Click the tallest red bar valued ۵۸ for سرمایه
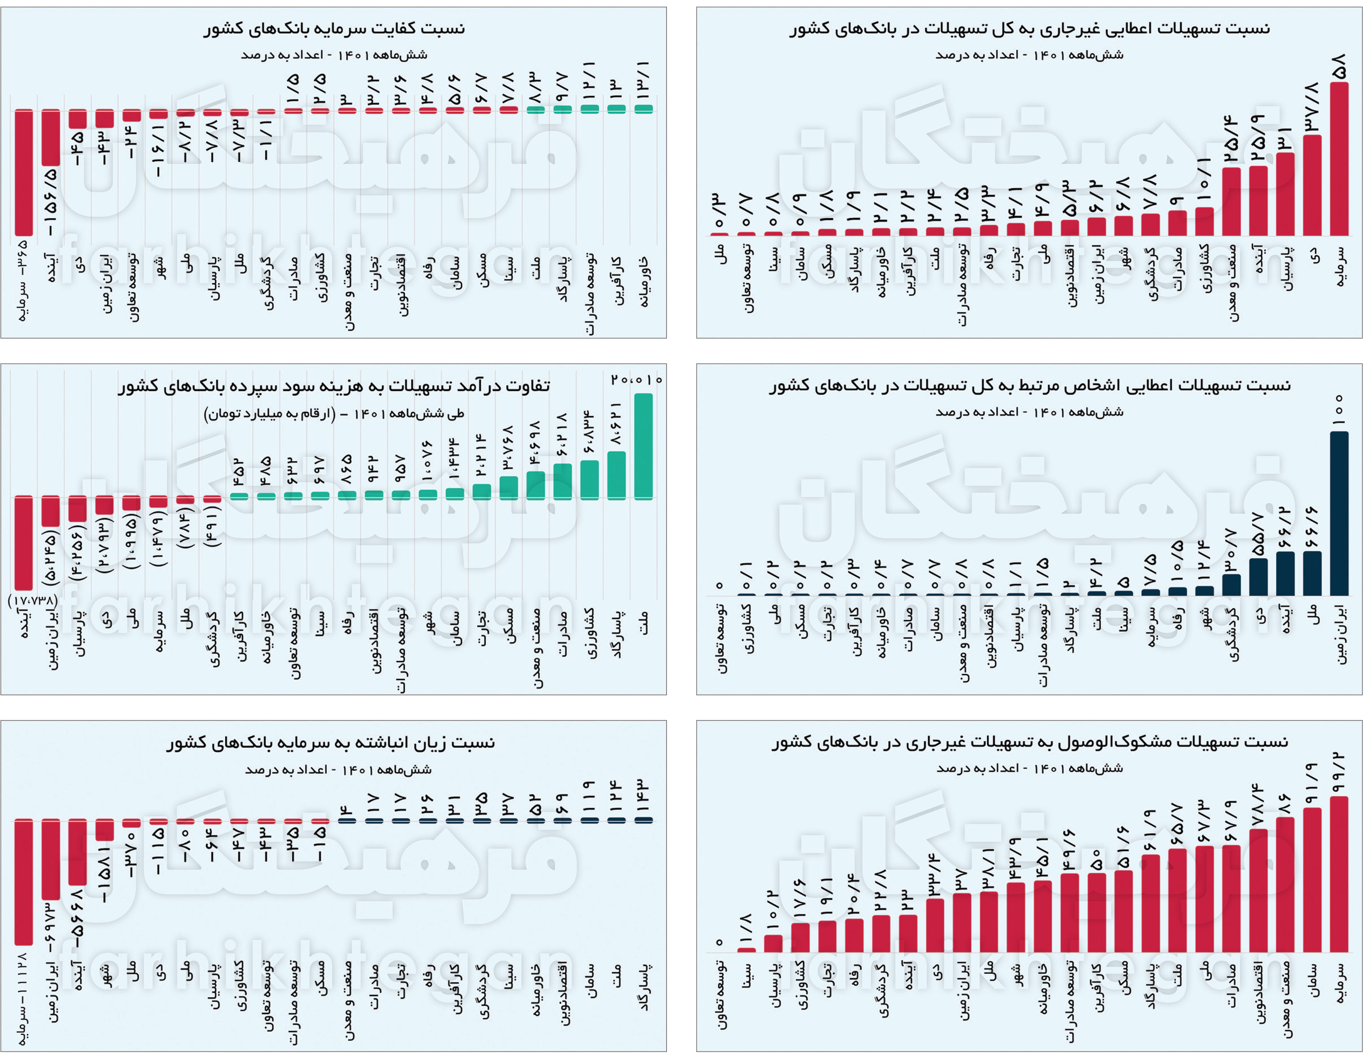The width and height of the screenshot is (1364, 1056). (x=1339, y=159)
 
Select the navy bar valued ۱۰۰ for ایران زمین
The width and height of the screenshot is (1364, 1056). (x=1339, y=513)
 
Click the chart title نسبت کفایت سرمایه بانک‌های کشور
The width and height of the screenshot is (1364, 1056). (x=334, y=29)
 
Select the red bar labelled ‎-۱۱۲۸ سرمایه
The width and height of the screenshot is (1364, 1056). (x=24, y=882)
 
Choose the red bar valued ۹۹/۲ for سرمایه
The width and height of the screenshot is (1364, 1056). (x=1339, y=874)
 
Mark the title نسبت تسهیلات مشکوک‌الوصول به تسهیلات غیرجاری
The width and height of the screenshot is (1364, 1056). (x=1029, y=742)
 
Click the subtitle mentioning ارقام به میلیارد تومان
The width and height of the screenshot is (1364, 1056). (x=334, y=413)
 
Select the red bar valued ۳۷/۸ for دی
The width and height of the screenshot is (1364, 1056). (x=1312, y=186)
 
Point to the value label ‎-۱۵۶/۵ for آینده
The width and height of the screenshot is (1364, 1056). (x=50, y=201)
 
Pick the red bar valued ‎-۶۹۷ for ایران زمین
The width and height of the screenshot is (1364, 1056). (x=51, y=859)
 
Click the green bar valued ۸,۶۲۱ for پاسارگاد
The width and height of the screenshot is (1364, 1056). (x=616, y=475)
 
